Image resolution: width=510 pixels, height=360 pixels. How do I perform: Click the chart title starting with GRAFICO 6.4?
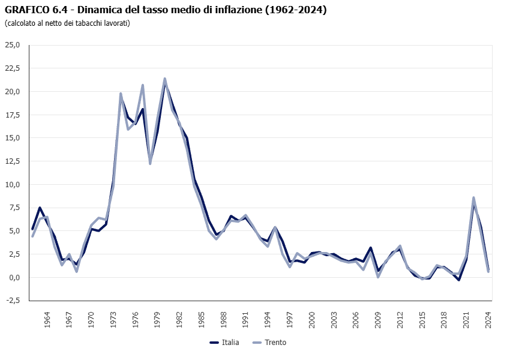click(x=166, y=10)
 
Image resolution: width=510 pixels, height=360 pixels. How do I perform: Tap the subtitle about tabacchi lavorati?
click(x=67, y=23)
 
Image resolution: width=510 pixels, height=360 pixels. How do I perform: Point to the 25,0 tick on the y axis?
click(x=13, y=45)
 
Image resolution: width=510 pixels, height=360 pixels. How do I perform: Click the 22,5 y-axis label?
click(x=13, y=68)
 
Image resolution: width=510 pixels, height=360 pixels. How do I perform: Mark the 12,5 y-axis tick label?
click(x=13, y=161)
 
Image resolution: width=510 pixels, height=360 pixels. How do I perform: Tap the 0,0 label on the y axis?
click(x=14, y=277)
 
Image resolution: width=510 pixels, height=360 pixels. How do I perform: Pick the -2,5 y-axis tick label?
click(x=13, y=301)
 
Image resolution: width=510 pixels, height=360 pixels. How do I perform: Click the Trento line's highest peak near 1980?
click(x=164, y=79)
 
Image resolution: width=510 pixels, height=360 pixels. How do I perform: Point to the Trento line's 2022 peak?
click(x=473, y=197)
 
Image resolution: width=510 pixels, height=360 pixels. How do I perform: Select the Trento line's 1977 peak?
click(x=143, y=85)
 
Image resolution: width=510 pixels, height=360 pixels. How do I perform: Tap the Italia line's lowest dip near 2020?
click(x=459, y=280)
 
